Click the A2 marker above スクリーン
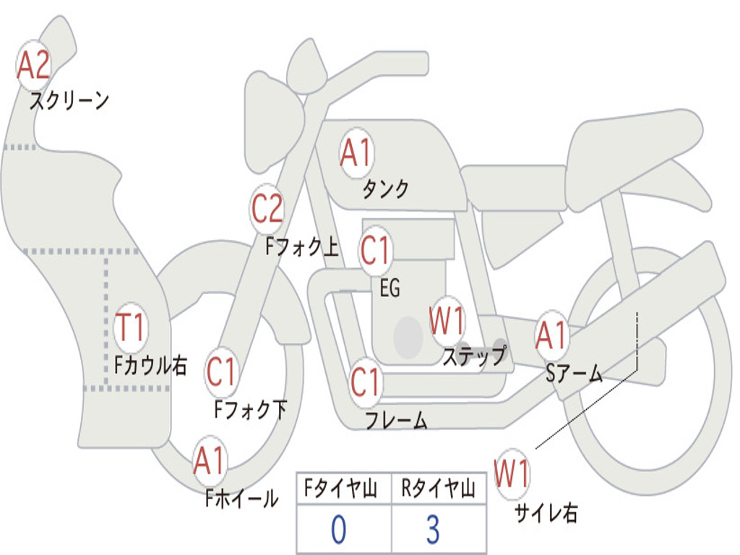(x=33, y=65)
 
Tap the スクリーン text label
(x=69, y=100)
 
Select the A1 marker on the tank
(x=356, y=154)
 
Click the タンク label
(x=385, y=189)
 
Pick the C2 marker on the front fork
(x=267, y=210)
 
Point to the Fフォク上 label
(x=301, y=248)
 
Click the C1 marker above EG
(x=375, y=251)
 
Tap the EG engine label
(x=390, y=288)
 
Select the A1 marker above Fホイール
(x=210, y=461)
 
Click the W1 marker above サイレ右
(x=512, y=476)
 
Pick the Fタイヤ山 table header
(x=343, y=490)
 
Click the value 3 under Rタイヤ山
(x=432, y=530)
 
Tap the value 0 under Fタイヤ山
(x=338, y=530)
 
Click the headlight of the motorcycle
(x=273, y=119)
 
